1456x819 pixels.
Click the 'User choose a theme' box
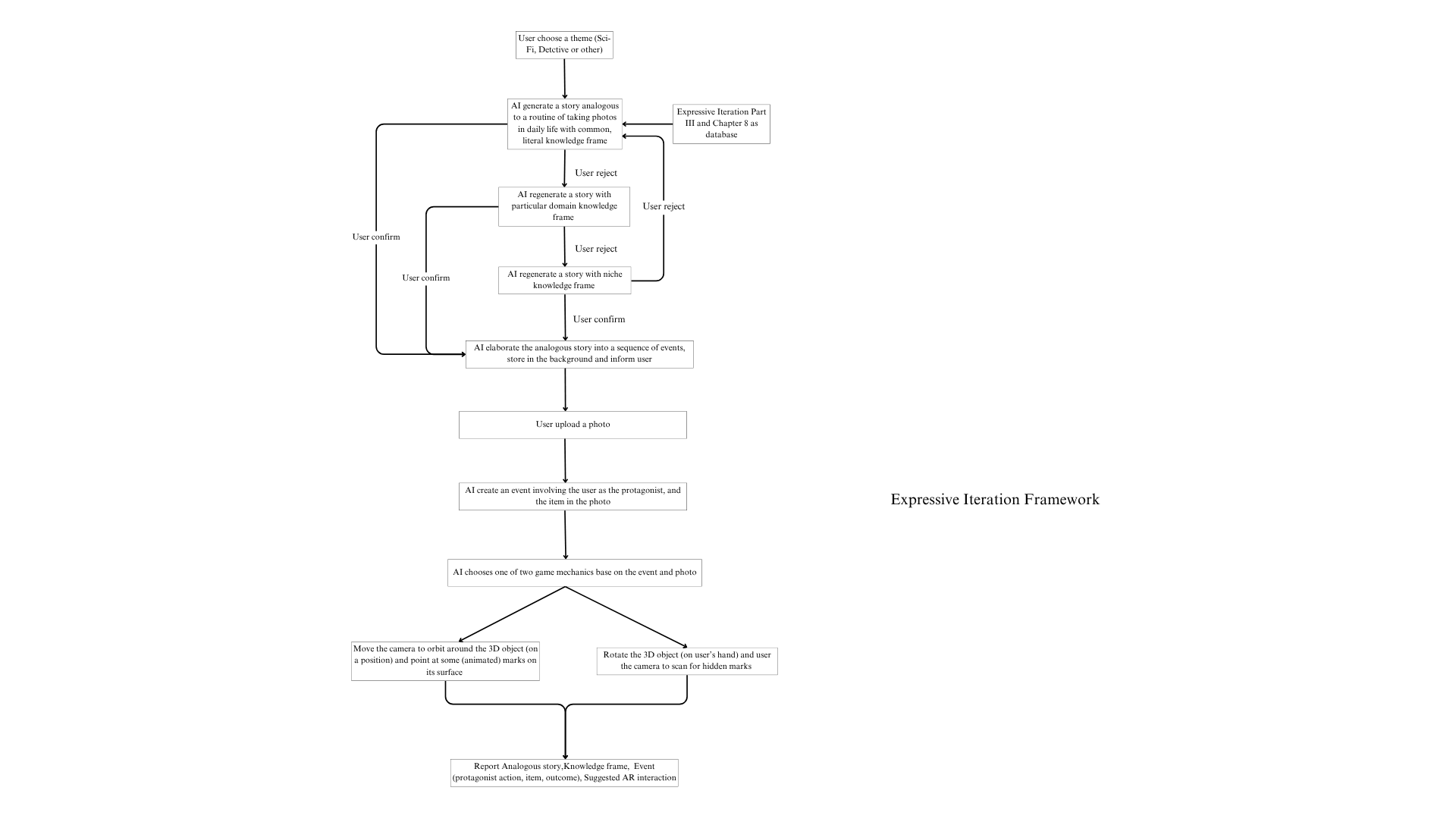pos(564,45)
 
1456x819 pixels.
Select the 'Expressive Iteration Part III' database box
pos(721,124)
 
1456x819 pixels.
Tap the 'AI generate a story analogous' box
pos(564,124)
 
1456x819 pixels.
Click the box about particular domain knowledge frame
pos(563,206)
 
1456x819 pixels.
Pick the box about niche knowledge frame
pos(564,280)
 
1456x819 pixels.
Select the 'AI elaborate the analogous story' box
pos(579,354)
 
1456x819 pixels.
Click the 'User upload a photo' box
pos(573,425)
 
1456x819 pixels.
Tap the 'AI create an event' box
pos(573,496)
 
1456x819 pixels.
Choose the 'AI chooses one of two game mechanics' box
pos(574,573)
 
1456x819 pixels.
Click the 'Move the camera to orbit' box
pos(445,661)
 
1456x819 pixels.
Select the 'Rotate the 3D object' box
pos(686,661)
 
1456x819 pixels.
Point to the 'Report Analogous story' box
pos(563,772)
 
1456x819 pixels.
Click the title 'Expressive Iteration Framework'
pos(994,499)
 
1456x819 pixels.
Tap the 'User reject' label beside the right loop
pos(664,206)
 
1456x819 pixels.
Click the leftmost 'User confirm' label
pos(376,237)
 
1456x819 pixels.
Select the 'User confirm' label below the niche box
pos(599,319)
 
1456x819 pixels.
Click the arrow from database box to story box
pos(647,124)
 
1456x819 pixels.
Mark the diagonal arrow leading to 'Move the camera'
pos(512,615)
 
